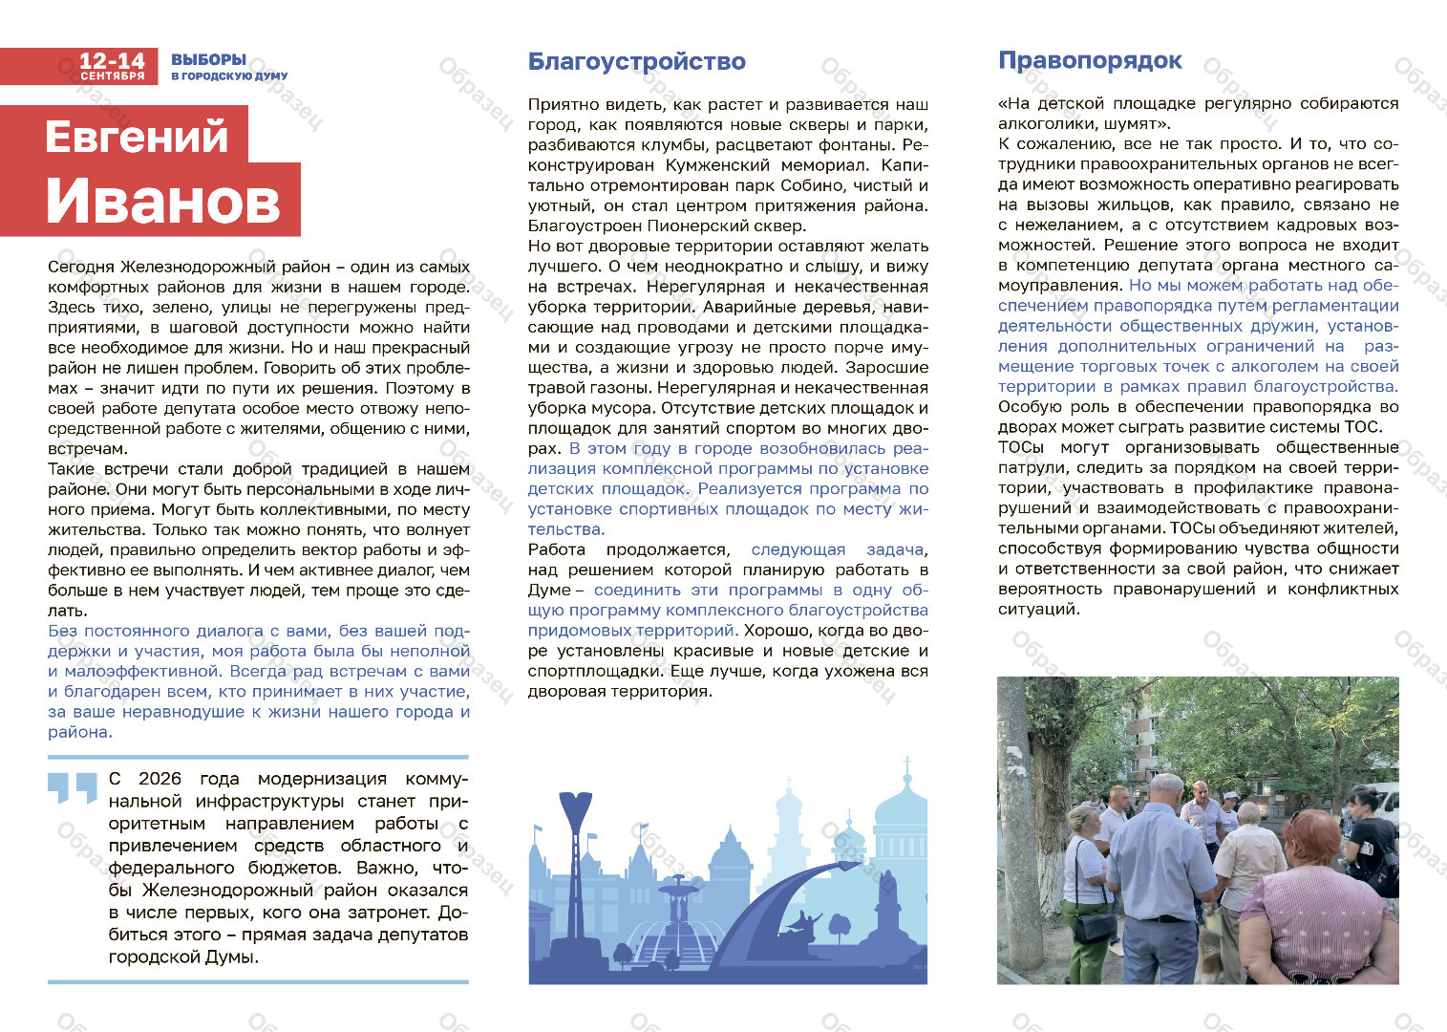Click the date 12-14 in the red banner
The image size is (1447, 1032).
pyautogui.click(x=112, y=60)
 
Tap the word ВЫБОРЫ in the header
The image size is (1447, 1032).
pyautogui.click(x=208, y=59)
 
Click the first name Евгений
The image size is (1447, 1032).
pyautogui.click(x=137, y=137)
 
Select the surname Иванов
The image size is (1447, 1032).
pyautogui.click(x=162, y=201)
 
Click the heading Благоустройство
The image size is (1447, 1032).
pyautogui.click(x=636, y=62)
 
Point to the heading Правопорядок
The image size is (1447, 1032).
pyautogui.click(x=1090, y=61)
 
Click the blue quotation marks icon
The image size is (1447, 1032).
pyautogui.click(x=73, y=786)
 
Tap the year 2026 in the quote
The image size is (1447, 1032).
pyautogui.click(x=159, y=779)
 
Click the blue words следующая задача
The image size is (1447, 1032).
pyautogui.click(x=837, y=549)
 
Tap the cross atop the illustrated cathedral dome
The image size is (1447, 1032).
pyautogui.click(x=906, y=765)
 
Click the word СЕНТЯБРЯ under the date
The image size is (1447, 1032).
pyautogui.click(x=112, y=75)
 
